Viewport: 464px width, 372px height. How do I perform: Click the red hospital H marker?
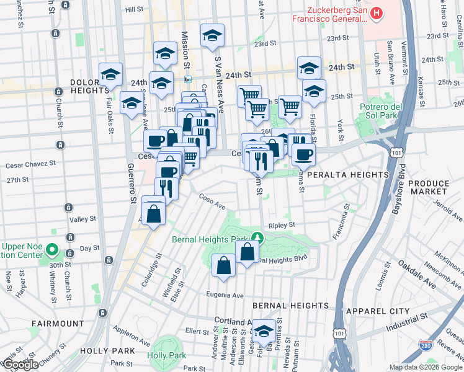(376, 13)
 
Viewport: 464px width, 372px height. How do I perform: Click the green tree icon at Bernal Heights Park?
(257, 237)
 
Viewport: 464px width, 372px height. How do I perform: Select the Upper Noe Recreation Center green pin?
(52, 251)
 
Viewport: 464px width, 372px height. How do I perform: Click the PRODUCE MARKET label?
(437, 188)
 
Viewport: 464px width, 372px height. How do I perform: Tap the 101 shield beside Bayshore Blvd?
(395, 152)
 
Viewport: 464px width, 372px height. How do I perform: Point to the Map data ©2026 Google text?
(426, 367)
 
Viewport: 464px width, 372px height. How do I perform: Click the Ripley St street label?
(281, 226)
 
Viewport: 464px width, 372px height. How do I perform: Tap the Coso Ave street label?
(212, 203)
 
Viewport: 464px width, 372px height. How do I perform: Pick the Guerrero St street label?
(131, 184)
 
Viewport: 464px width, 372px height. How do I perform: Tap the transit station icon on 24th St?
(187, 79)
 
